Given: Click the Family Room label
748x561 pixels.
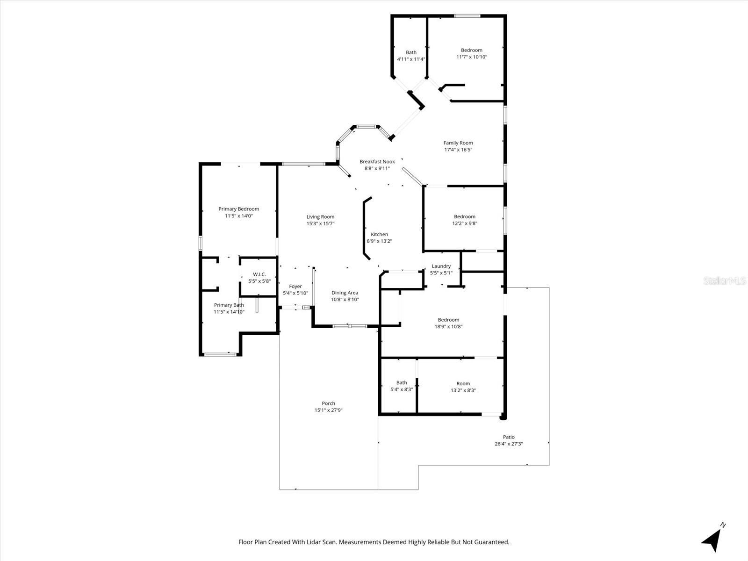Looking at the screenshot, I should tap(458, 143).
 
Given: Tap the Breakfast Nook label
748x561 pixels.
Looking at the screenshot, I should tap(377, 162).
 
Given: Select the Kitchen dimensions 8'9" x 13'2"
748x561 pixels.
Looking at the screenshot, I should tap(379, 241).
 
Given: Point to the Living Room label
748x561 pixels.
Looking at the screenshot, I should tap(320, 217).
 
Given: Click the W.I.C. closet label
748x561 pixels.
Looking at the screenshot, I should tap(259, 274).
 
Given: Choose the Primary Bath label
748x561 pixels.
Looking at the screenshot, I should tap(229, 305).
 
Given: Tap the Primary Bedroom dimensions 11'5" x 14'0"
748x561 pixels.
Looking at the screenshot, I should tap(238, 216).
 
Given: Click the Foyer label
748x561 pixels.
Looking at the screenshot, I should tap(295, 287).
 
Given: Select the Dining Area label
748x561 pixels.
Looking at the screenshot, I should tap(345, 293).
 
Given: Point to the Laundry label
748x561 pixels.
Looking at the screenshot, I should tap(441, 266).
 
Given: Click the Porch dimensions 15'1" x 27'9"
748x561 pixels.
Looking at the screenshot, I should tap(328, 410).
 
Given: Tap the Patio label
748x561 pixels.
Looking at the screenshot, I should tap(509, 437).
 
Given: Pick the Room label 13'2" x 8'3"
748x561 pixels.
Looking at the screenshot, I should tap(463, 384).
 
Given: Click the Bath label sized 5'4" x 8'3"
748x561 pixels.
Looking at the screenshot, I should tap(401, 383).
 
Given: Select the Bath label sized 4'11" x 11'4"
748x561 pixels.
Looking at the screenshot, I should tap(411, 53).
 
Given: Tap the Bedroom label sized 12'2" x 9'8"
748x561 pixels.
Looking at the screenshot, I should tap(464, 217).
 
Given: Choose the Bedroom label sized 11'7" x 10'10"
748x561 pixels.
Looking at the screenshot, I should tap(471, 50).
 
